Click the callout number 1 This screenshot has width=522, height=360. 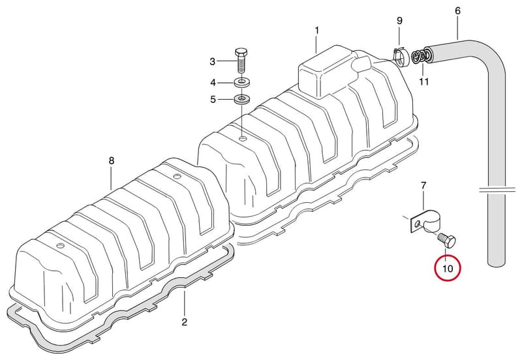tap(317, 31)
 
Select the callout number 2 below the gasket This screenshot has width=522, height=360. tap(184, 322)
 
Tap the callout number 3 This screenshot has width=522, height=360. tap(213, 61)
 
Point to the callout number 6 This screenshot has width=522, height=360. tap(458, 11)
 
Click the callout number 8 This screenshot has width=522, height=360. tap(112, 161)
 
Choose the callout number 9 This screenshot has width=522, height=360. tap(399, 21)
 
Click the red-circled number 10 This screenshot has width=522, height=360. tap(448, 268)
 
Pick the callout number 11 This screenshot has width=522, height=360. tap(423, 82)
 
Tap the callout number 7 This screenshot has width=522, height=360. tap(423, 186)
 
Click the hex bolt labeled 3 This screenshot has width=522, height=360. tap(241, 61)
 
